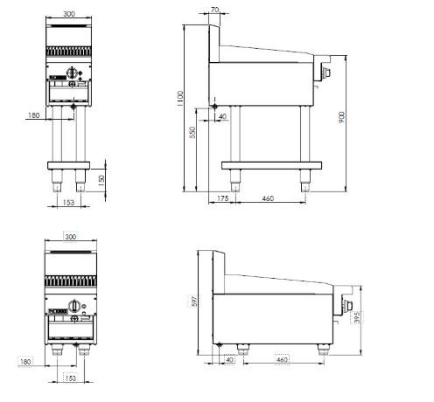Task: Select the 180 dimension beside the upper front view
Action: pyautogui.click(x=34, y=114)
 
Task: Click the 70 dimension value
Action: pyautogui.click(x=215, y=11)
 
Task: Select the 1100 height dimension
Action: pyautogui.click(x=180, y=103)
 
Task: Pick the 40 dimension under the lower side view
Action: pyautogui.click(x=231, y=360)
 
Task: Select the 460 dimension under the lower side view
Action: pyautogui.click(x=282, y=360)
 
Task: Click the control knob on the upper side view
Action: pyautogui.click(x=327, y=73)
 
